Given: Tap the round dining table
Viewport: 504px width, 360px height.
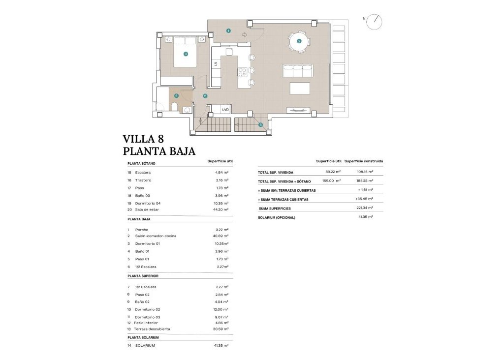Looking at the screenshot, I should [299, 41].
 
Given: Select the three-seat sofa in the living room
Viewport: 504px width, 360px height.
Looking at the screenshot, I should [297, 71].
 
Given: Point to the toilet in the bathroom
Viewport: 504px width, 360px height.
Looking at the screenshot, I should [174, 107].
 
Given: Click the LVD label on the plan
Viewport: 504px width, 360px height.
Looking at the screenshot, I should [225, 110].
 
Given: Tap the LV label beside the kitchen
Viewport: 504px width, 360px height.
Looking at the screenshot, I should [216, 63].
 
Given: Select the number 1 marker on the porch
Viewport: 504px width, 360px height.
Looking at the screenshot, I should [228, 30].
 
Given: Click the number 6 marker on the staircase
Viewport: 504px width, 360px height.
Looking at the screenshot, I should [261, 124].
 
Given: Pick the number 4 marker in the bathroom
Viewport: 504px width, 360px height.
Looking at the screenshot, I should [176, 96].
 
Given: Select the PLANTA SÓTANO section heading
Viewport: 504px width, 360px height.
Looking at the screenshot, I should [141, 163].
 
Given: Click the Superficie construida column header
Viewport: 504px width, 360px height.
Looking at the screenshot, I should [363, 161].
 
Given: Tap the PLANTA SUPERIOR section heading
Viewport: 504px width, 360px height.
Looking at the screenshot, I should [143, 276].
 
